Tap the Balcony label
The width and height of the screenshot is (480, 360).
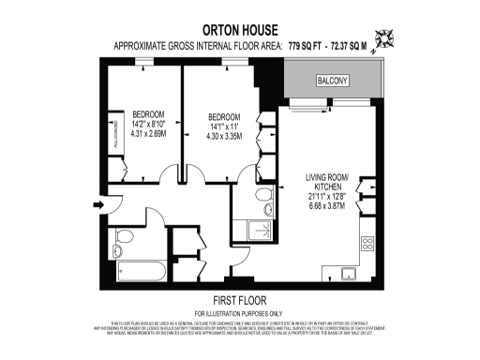(334, 81)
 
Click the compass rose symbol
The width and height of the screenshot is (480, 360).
(383, 39)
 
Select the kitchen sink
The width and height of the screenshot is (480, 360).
(348, 274)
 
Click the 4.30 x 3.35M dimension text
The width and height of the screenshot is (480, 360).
(223, 137)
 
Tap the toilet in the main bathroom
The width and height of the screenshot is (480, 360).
(120, 245)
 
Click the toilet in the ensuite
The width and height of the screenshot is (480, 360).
(262, 196)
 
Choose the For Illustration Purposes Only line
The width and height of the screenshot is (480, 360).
(240, 312)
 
